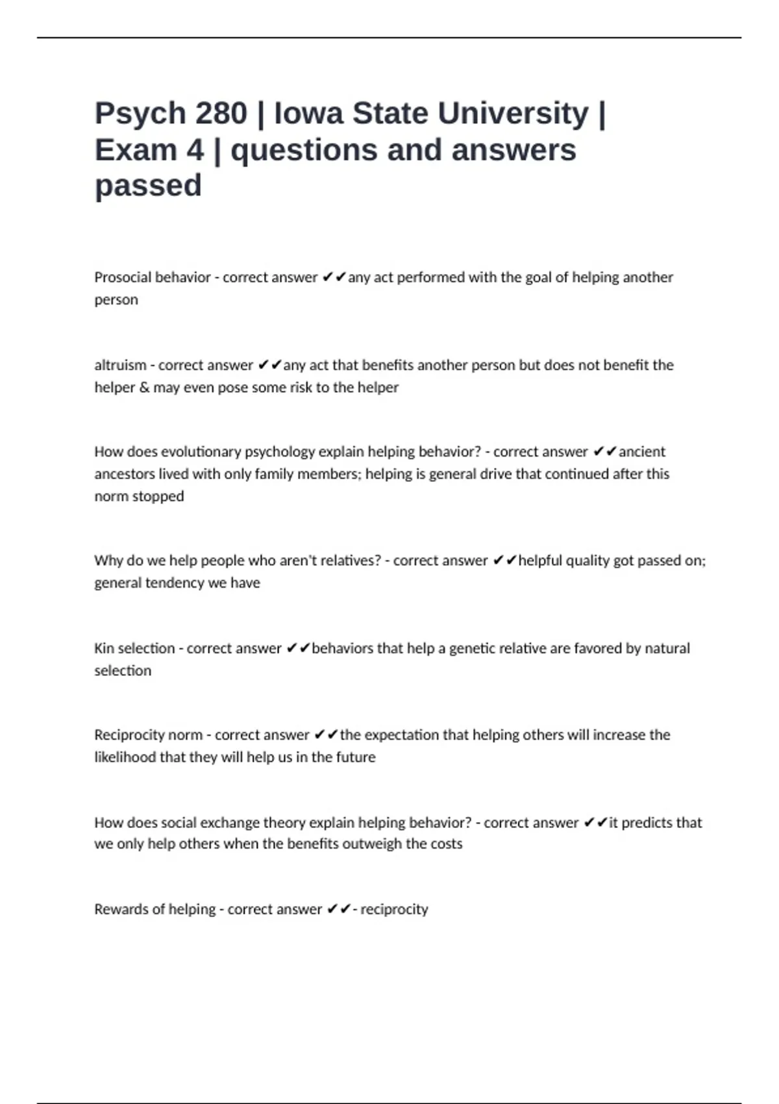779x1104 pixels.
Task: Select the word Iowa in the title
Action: (308, 113)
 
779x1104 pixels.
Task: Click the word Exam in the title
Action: (136, 150)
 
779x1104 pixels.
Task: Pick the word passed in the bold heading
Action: (148, 186)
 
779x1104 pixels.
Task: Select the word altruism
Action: (120, 365)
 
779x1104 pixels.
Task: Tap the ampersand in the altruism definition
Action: (144, 387)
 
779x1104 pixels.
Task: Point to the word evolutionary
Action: (206, 451)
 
